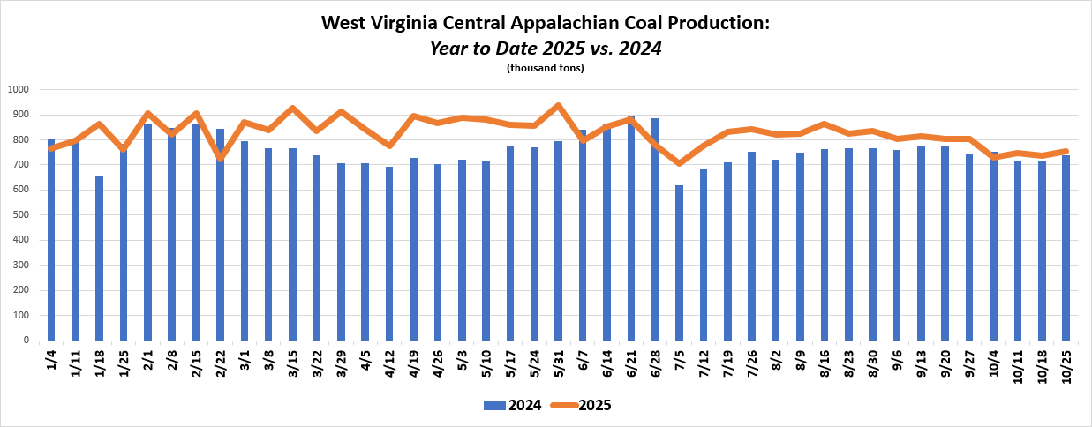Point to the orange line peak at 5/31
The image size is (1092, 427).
pyautogui.click(x=558, y=106)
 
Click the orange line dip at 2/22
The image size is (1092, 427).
pyautogui.click(x=220, y=158)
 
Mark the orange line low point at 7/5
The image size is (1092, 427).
pyautogui.click(x=679, y=163)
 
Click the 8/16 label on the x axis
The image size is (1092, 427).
pyautogui.click(x=825, y=363)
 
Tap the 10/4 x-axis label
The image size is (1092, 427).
pyautogui.click(x=993, y=363)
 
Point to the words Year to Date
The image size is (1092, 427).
pyautogui.click(x=477, y=48)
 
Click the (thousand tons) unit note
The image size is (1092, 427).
pyautogui.click(x=545, y=68)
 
